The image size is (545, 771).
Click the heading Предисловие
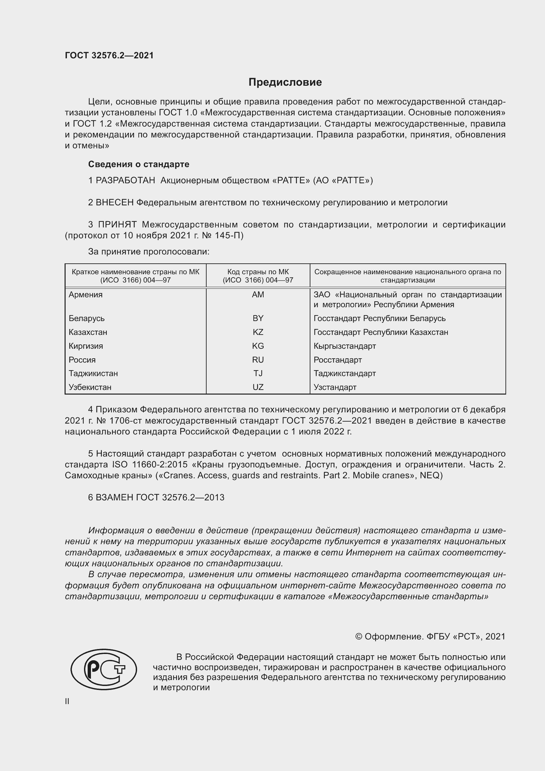[285, 82]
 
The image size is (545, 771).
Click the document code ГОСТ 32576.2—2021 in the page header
[109, 55]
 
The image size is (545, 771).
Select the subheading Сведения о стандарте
[139, 164]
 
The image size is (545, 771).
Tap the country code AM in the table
[258, 294]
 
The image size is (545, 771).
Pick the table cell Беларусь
[87, 318]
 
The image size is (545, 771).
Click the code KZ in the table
[258, 332]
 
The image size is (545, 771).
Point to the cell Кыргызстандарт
[344, 346]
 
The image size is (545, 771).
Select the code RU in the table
[258, 360]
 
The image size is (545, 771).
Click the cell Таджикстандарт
[344, 373]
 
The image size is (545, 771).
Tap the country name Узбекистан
[90, 387]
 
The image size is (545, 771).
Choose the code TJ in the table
[258, 373]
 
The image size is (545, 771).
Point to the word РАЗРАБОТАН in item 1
[125, 181]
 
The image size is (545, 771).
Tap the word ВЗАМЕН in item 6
[114, 497]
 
